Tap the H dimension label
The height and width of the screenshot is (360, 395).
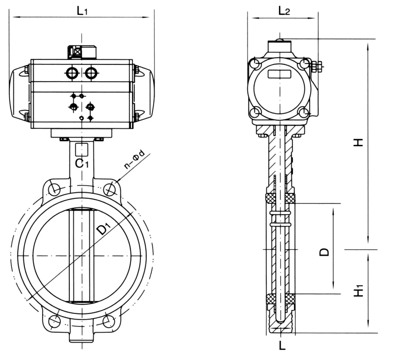(359, 142)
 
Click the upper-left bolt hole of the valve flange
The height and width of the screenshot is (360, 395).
(55, 188)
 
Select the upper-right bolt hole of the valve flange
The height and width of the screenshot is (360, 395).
(109, 189)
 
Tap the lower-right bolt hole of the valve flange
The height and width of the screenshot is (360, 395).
(108, 321)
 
